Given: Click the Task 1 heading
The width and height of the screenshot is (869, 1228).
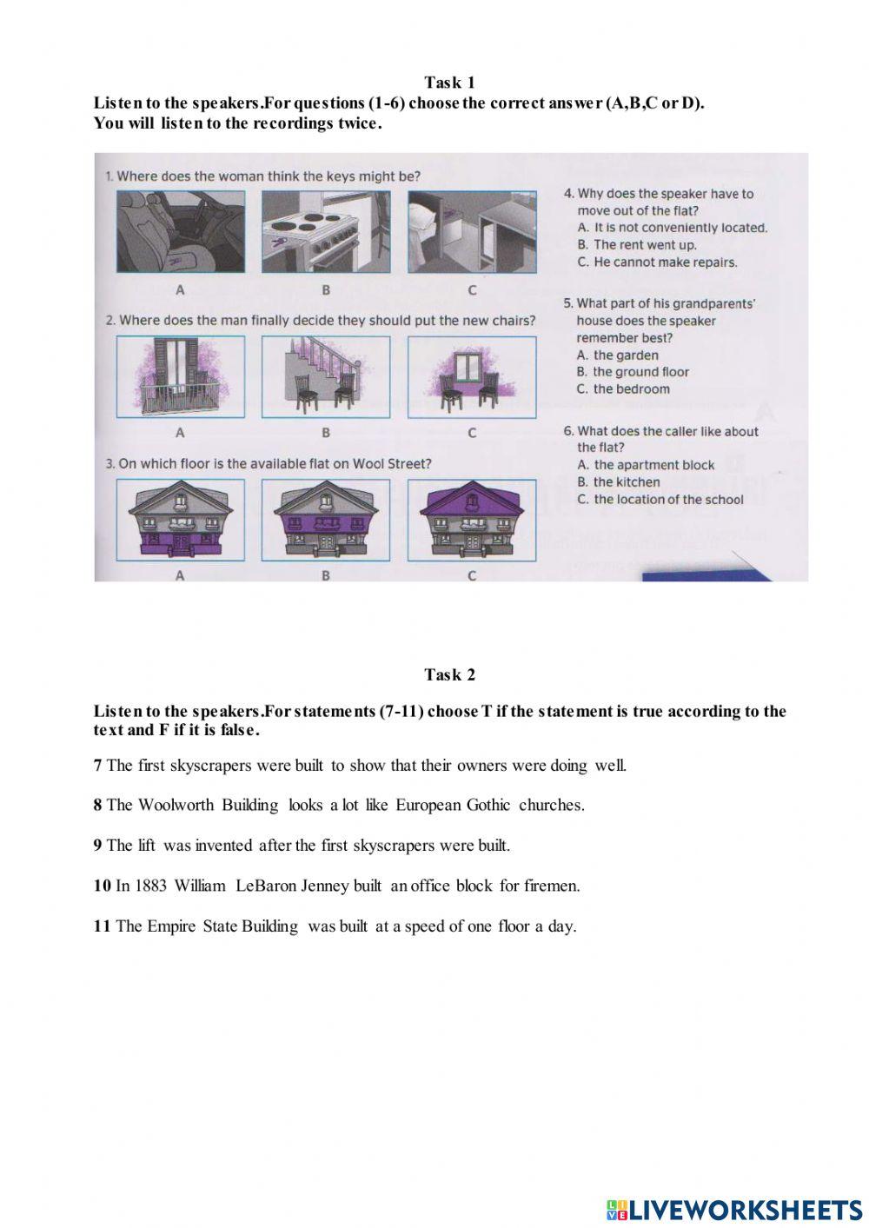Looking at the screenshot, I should click(x=449, y=83).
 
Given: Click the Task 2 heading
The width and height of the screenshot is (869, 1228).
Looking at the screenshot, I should click(x=449, y=674).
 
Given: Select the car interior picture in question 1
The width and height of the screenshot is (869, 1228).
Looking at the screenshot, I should click(x=181, y=231).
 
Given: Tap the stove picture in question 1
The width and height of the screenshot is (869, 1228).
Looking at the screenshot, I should click(x=326, y=231).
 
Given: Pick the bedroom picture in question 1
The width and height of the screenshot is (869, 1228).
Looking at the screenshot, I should click(x=472, y=231).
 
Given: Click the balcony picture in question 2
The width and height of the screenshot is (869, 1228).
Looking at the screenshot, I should click(x=181, y=376).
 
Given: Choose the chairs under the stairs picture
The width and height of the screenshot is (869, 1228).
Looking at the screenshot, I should click(x=326, y=376).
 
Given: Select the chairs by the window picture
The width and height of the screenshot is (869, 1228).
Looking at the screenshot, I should click(x=472, y=376).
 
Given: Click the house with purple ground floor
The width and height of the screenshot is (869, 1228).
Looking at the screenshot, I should click(x=181, y=519).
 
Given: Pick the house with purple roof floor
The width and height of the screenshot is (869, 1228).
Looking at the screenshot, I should click(x=472, y=519).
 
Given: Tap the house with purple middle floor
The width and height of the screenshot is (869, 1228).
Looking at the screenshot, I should click(x=326, y=519).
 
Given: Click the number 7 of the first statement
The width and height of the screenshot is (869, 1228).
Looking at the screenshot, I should click(x=98, y=766).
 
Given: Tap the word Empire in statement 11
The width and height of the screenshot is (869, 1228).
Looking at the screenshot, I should click(x=172, y=926).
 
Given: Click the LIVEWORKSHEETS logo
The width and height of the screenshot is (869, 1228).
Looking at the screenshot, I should click(x=734, y=1209).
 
